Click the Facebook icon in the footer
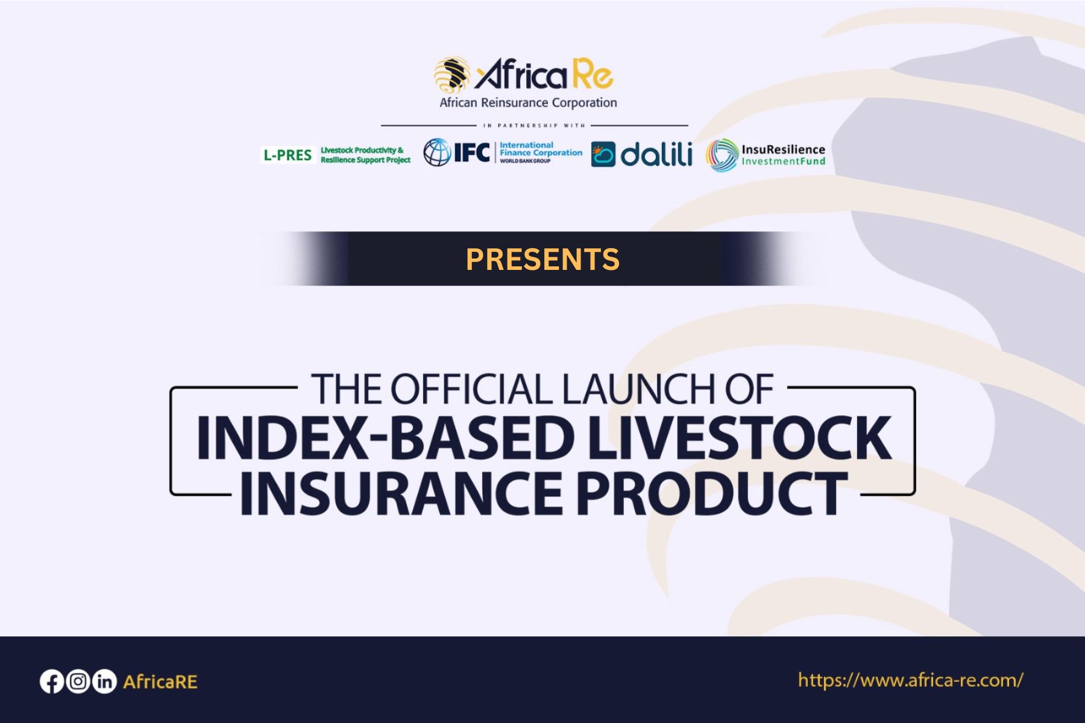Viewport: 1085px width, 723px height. coord(52,681)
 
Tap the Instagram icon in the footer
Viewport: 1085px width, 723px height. coord(78,681)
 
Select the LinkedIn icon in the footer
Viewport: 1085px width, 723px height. coord(104,681)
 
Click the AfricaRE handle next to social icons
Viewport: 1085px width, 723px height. coord(160,682)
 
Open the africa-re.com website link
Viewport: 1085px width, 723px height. coord(910,680)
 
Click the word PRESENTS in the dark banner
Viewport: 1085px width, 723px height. coord(542,259)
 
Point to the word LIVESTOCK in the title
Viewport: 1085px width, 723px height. coord(739,437)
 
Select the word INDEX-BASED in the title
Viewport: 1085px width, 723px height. coord(386,437)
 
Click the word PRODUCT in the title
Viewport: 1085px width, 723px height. coord(712,493)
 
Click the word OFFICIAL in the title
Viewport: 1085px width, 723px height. coord(471,389)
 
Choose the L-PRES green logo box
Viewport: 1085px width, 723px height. coord(288,155)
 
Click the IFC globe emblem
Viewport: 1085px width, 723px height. coord(437,152)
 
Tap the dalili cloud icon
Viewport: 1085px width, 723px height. coord(603,154)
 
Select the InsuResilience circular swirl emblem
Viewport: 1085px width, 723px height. coord(722,155)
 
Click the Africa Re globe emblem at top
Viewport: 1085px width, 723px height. coord(453,76)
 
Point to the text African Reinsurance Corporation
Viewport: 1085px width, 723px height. coord(528,102)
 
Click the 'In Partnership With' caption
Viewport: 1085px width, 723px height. coord(534,125)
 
